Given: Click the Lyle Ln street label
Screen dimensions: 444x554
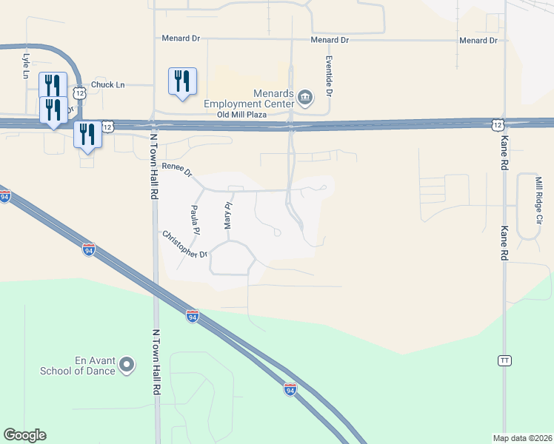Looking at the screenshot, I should point(26,65).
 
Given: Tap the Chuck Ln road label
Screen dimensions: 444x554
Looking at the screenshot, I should point(107,85).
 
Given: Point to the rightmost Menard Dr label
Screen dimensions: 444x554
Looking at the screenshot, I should point(478,40).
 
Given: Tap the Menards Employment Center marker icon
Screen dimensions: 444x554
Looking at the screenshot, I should point(304,98).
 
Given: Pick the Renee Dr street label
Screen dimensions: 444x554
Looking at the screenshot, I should point(178,170).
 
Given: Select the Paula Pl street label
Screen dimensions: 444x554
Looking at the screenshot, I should point(195,220).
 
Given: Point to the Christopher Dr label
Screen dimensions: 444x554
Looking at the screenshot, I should point(185,244).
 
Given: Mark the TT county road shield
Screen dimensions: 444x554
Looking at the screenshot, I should point(504,360).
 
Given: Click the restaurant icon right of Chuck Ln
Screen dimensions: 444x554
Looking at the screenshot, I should point(182,81).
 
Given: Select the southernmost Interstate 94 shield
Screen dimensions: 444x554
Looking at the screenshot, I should point(290,389).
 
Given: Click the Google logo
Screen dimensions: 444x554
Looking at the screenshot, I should point(24,435).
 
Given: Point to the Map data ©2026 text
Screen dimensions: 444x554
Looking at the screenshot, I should point(522,438).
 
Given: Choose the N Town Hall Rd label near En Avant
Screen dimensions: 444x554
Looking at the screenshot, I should point(156,363).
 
